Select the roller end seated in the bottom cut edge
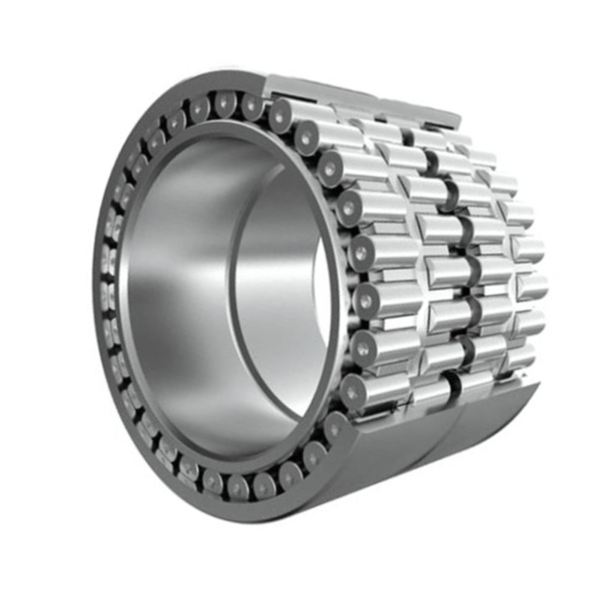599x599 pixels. click(x=334, y=426)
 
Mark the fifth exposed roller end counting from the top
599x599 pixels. click(x=361, y=252)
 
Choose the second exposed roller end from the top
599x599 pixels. click(x=306, y=137)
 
